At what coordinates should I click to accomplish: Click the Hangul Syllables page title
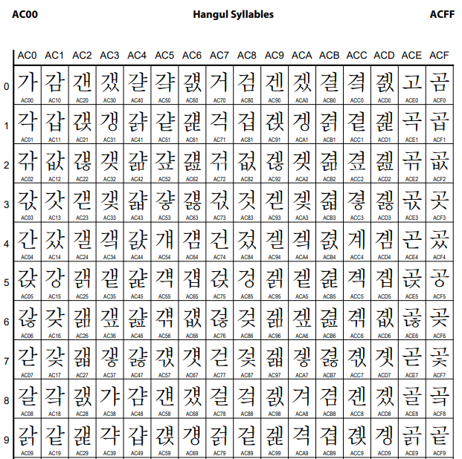pos(233,14)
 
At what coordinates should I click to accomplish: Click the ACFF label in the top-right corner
pos(442,14)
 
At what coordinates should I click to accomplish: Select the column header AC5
pos(164,55)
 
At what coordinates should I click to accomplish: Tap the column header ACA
pos(301,55)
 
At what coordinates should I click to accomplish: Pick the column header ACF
pos(439,55)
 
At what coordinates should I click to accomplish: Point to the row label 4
pos(7,244)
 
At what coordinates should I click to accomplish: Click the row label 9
pos(7,440)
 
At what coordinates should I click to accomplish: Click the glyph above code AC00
pos(28,82)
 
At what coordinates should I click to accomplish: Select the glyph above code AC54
pos(164,238)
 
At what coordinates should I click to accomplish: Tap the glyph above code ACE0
pos(411,82)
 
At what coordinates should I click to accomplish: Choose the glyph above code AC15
pos(55,278)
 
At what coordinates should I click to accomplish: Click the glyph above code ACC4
pos(356,238)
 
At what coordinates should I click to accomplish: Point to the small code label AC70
pos(219,100)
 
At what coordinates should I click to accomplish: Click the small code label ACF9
pos(439,453)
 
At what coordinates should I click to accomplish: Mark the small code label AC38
pos(110,414)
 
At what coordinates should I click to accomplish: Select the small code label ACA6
pos(301,335)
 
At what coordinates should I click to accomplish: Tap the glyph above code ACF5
pos(439,278)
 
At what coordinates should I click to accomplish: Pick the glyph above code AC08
pos(28,396)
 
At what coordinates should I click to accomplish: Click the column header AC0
pos(28,55)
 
